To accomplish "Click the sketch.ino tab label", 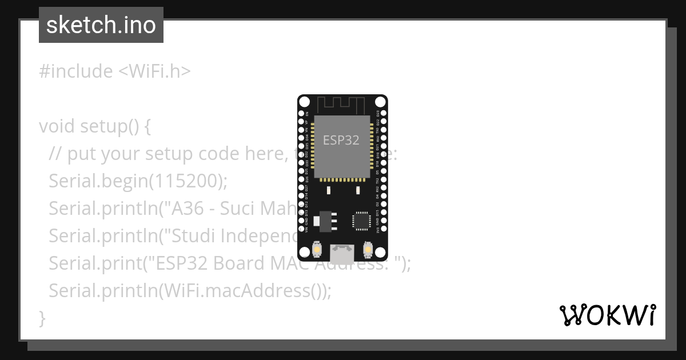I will (x=101, y=25).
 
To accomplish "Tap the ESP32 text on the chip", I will (x=341, y=140).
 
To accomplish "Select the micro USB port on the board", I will (x=342, y=251).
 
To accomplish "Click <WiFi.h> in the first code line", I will (x=154, y=71).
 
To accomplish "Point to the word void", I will (x=57, y=126).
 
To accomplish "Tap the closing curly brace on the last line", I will (x=42, y=318).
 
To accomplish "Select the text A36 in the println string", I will (x=188, y=209).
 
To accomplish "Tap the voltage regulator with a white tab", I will (x=326, y=220).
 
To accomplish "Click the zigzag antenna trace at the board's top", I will (x=341, y=105).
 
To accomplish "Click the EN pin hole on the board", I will (x=301, y=114).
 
